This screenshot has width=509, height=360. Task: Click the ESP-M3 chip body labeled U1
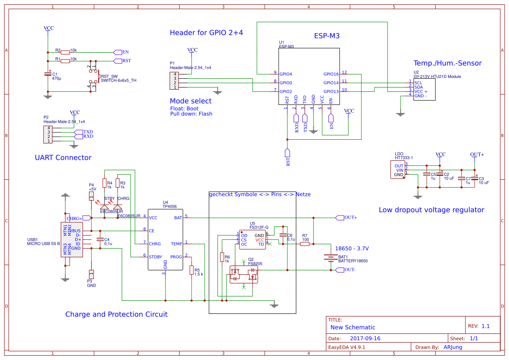[x=309, y=76]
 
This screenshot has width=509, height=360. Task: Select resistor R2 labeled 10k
[x=65, y=52]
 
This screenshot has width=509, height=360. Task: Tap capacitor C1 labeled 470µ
[x=48, y=74]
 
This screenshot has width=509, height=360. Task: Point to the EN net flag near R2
[x=118, y=52]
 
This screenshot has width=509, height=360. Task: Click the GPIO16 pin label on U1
[x=331, y=74]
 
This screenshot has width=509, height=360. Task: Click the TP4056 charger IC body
[x=165, y=239]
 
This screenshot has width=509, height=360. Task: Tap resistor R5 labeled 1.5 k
[x=192, y=271]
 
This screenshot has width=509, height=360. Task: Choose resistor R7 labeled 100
[x=305, y=244]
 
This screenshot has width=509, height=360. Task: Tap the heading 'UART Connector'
[x=63, y=158]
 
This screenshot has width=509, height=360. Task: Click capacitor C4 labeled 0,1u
[x=100, y=239]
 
